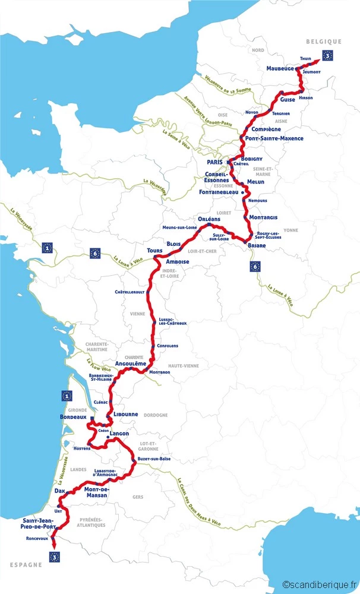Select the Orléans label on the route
(209, 219)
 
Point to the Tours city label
(155, 251)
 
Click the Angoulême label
(130, 363)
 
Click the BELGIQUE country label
(324, 42)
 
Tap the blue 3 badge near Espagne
(55, 557)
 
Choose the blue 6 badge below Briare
(255, 266)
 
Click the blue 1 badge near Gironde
(67, 396)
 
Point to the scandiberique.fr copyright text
(320, 585)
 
